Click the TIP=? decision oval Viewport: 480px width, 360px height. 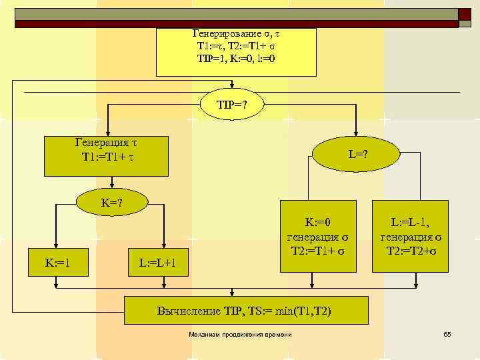(230, 104)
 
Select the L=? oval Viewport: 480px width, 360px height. (357, 154)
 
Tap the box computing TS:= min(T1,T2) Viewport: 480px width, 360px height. (247, 311)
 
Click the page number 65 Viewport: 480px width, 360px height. (447, 333)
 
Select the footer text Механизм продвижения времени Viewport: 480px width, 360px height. (240, 333)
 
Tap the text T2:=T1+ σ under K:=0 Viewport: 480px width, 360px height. (318, 249)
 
